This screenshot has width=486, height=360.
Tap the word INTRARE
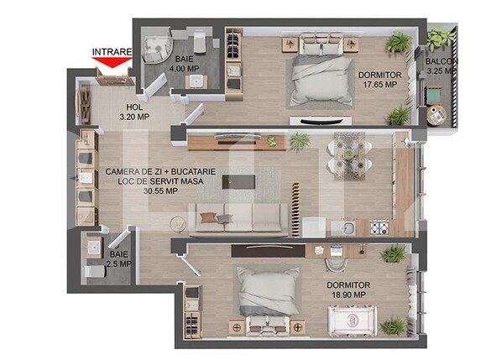click(x=112, y=52)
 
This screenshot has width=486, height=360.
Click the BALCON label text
click(x=441, y=66)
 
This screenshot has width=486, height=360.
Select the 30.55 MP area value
click(x=160, y=190)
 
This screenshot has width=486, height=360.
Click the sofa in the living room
click(x=234, y=215)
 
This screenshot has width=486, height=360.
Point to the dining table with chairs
click(x=350, y=153)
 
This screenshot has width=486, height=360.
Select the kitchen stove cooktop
click(x=379, y=227)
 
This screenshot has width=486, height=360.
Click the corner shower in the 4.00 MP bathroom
click(x=156, y=49)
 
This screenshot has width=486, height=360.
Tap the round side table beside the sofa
click(x=178, y=223)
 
